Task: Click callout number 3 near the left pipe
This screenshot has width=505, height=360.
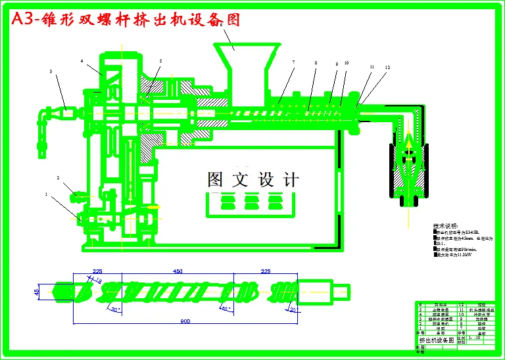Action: pos(51,71)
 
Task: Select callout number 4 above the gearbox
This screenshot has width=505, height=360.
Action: pos(82,60)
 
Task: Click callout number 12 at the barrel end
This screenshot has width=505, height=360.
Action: pos(388,67)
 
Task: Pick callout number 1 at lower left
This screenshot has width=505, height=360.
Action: pos(46,194)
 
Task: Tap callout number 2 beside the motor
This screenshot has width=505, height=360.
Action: pos(58,178)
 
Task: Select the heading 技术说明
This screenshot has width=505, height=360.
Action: pos(446,225)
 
